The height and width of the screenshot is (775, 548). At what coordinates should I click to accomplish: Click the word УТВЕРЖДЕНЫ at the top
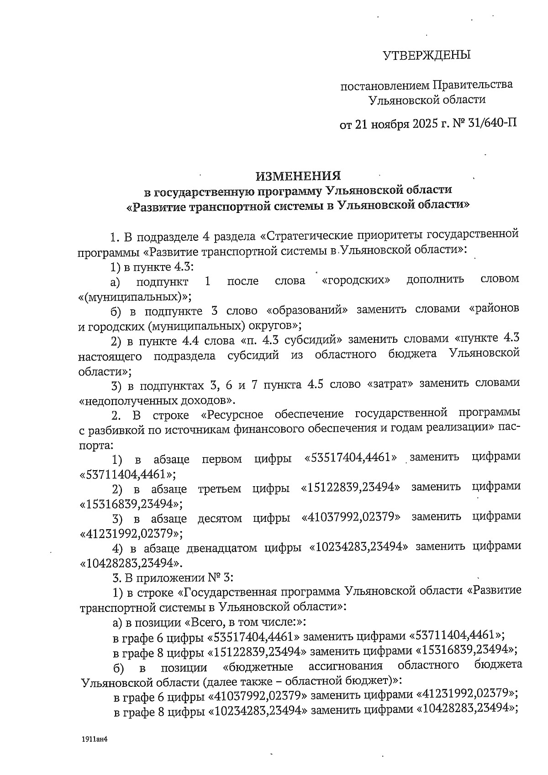pyautogui.click(x=426, y=56)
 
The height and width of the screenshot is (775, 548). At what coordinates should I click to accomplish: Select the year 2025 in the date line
pyautogui.click(x=420, y=124)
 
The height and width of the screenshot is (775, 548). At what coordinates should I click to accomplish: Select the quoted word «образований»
pyautogui.click(x=307, y=310)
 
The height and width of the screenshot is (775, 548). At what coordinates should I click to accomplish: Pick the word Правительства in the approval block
pyautogui.click(x=472, y=85)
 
